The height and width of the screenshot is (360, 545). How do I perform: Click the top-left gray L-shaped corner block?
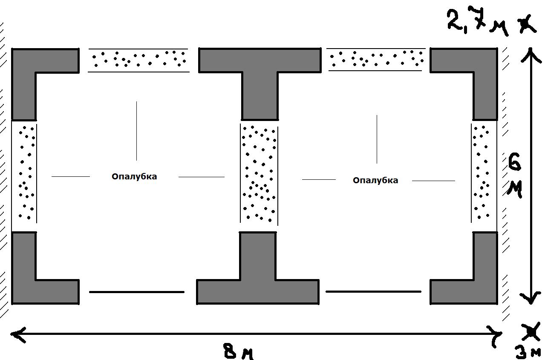tap(24, 73)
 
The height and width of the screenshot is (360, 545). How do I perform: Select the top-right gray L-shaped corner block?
tap(485, 73)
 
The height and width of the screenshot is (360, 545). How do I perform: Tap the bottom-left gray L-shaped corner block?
tap(24, 280)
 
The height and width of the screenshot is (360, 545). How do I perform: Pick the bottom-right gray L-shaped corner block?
tap(485, 280)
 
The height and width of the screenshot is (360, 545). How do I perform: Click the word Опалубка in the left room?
tap(134, 176)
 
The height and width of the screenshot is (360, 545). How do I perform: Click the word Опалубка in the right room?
tap(375, 180)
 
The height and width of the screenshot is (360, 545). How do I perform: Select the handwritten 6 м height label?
tap(515, 175)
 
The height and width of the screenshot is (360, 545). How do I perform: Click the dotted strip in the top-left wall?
tap(138, 60)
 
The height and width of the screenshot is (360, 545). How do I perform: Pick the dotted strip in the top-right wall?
tap(376, 60)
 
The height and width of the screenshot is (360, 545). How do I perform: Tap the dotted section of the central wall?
tap(259, 174)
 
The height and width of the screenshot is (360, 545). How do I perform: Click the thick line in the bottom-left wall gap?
tap(137, 292)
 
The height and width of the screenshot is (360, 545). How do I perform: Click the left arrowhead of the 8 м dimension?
tap(17, 334)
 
